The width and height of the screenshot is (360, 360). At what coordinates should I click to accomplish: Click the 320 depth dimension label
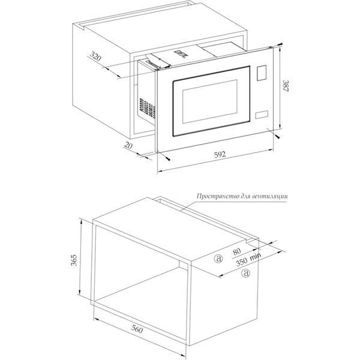[95, 56]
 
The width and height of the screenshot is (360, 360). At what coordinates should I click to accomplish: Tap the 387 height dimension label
[286, 86]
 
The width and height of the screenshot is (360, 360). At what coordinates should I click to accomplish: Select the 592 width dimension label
[220, 155]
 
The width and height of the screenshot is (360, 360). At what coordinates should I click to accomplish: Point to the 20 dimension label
[128, 145]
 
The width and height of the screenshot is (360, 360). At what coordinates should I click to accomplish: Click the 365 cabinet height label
[74, 260]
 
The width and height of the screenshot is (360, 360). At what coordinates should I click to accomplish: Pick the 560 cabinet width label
[137, 329]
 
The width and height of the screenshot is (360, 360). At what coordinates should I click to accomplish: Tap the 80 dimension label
[237, 251]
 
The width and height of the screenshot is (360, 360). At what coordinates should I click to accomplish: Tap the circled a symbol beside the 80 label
[218, 259]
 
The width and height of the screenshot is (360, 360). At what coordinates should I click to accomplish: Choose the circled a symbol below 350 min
[245, 273]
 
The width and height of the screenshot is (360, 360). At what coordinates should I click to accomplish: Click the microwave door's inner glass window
[210, 101]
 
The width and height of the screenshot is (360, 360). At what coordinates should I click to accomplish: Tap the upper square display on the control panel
[262, 73]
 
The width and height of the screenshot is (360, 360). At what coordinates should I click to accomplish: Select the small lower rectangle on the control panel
[262, 115]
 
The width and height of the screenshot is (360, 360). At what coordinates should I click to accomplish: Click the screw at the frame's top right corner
[280, 44]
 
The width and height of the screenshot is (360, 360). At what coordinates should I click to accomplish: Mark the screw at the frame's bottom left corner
[167, 158]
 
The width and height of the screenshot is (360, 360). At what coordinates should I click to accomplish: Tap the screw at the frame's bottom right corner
[277, 136]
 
